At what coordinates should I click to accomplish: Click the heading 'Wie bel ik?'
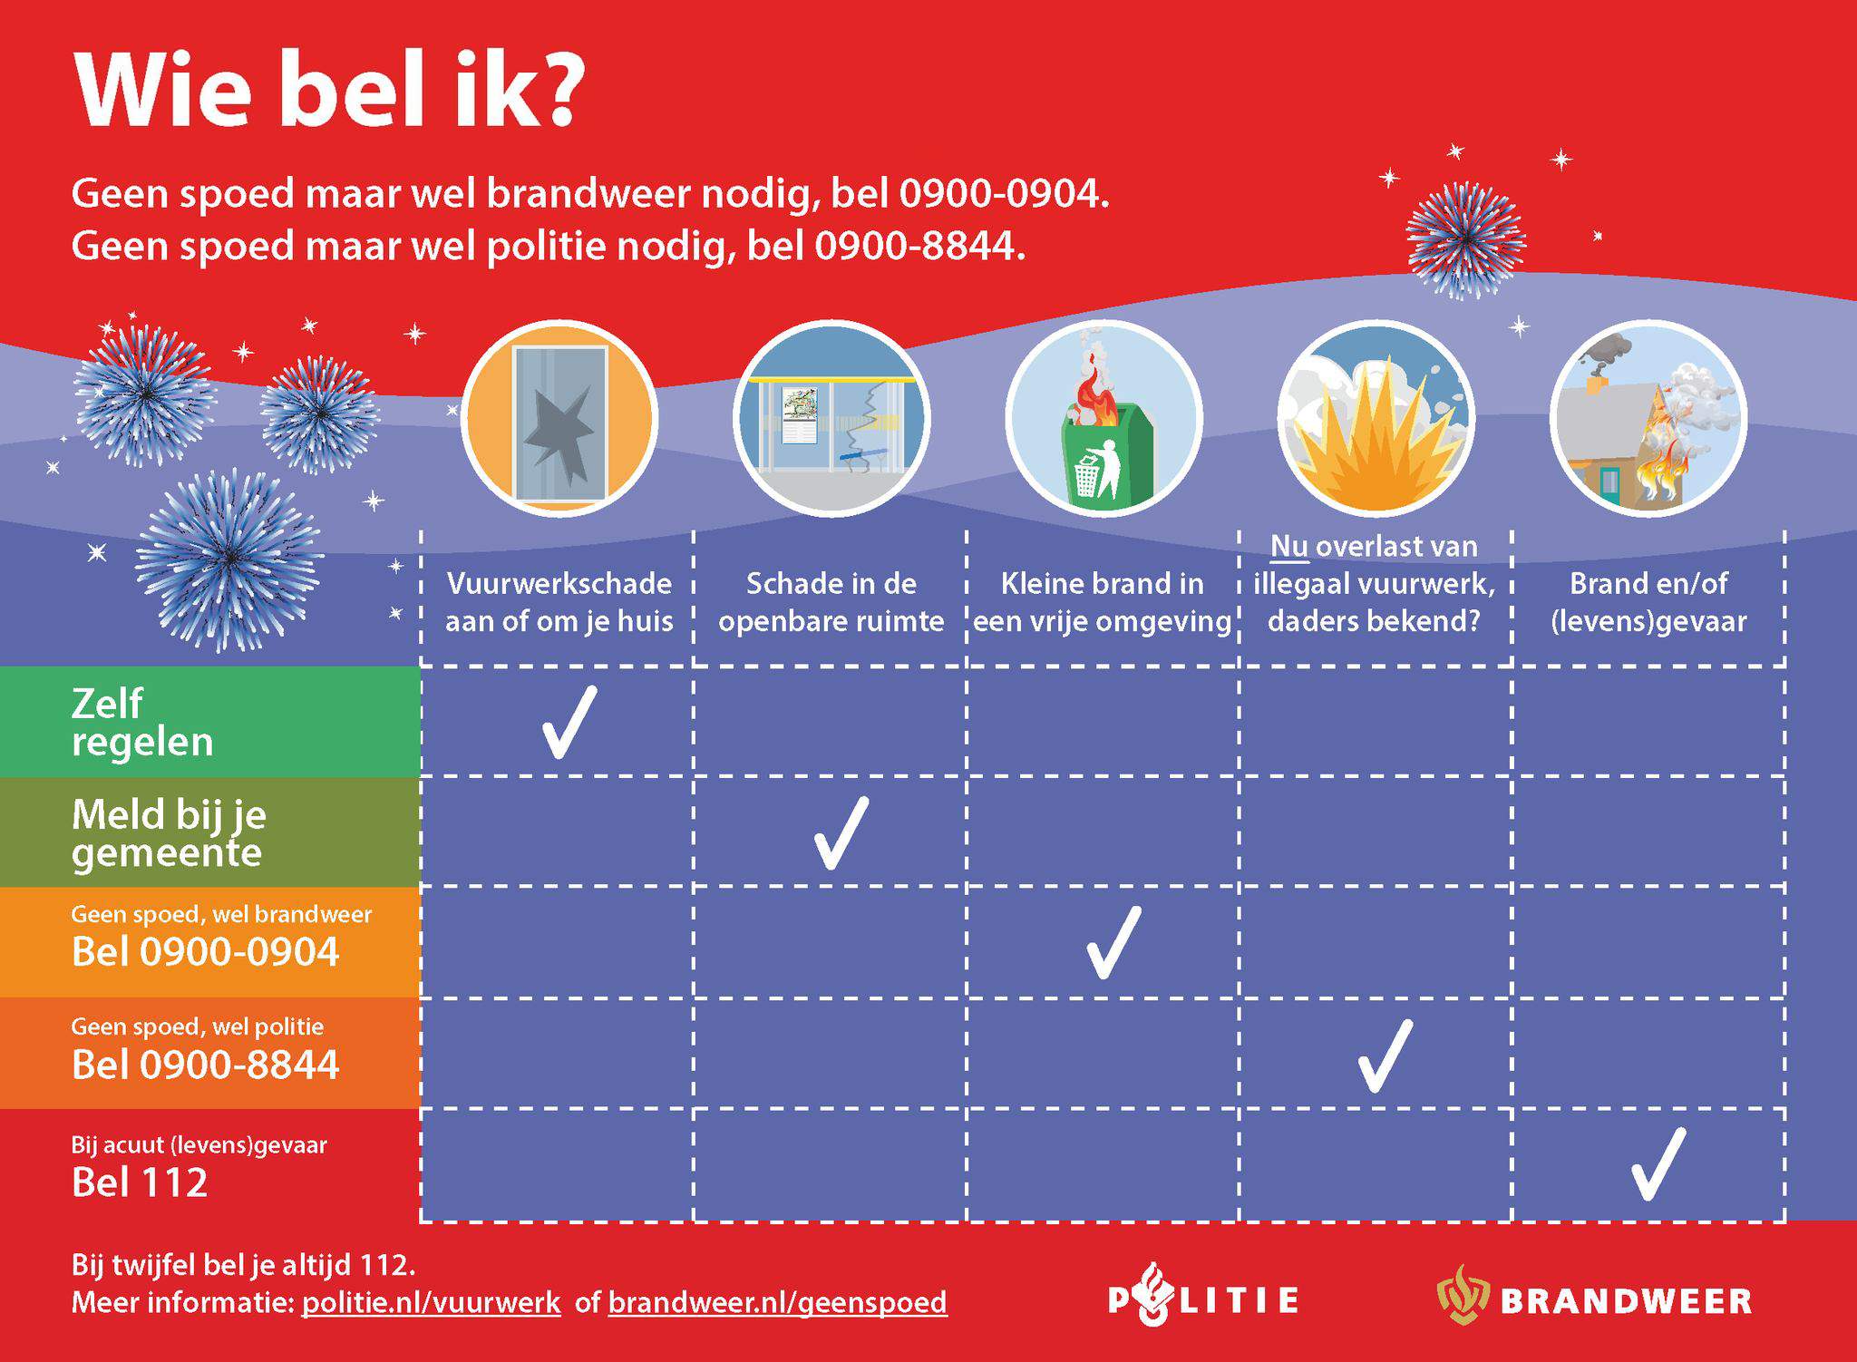[329, 89]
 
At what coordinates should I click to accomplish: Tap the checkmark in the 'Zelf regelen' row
[569, 722]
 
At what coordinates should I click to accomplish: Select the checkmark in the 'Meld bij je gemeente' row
[841, 833]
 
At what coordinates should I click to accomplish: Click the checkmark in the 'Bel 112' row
[1658, 1164]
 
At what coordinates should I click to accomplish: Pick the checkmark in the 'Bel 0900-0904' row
[1113, 943]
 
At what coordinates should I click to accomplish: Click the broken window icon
[559, 419]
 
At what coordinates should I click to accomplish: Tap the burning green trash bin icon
[1104, 419]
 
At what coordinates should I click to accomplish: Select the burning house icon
[1648, 419]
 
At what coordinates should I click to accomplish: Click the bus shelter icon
[831, 419]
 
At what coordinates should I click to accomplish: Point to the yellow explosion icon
[1376, 419]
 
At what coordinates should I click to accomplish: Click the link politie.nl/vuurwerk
[432, 1302]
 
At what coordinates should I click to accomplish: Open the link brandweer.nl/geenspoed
[778, 1303]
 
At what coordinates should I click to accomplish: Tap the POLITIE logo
[1203, 1298]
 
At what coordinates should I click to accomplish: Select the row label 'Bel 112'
[140, 1182]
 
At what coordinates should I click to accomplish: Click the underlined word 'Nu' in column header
[1288, 547]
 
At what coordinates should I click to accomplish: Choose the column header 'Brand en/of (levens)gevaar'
[1648, 601]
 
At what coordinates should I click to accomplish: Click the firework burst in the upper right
[1465, 240]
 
